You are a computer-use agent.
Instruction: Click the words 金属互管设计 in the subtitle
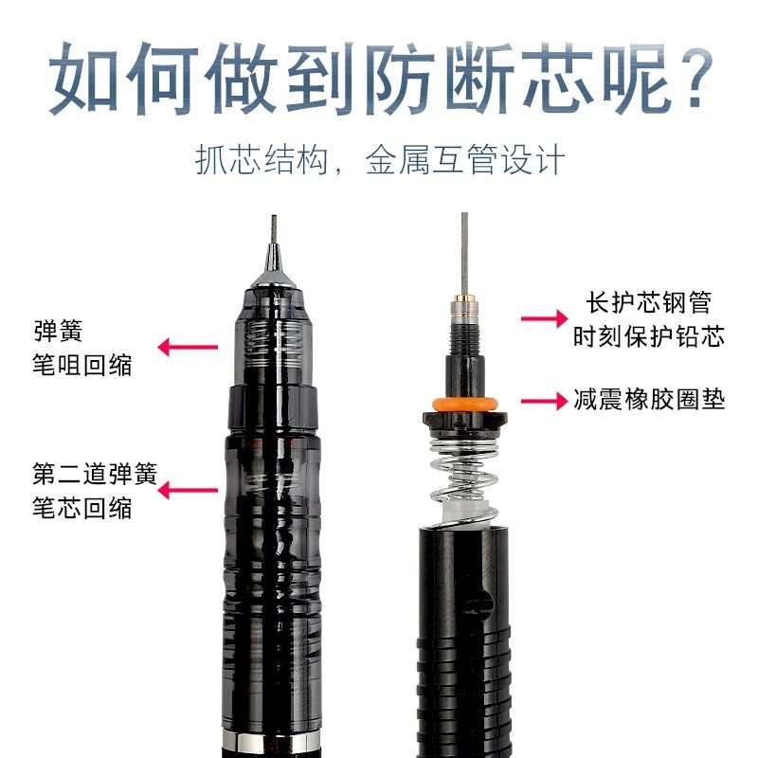click(x=465, y=159)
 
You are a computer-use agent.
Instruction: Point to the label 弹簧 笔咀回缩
click(x=71, y=348)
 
